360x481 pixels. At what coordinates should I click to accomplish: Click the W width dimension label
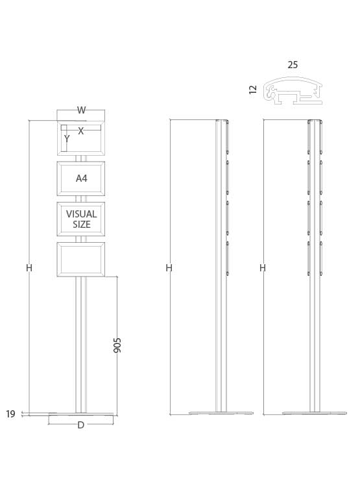click(x=81, y=110)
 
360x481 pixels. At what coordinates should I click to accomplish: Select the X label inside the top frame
click(x=81, y=131)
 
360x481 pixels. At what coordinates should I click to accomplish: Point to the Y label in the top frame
click(x=66, y=139)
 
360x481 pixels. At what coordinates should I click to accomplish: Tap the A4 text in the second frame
click(x=81, y=179)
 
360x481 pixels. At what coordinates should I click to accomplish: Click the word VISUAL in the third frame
click(x=81, y=214)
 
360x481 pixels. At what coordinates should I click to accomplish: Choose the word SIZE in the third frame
click(x=81, y=225)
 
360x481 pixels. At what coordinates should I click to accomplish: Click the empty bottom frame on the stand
click(x=81, y=259)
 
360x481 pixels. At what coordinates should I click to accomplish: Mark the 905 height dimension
click(x=117, y=345)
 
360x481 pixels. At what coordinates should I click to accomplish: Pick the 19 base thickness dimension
click(x=10, y=414)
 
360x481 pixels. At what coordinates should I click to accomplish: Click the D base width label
click(x=80, y=425)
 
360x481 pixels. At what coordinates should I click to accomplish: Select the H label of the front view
click(x=29, y=267)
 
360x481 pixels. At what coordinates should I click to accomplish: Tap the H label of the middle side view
click(x=169, y=267)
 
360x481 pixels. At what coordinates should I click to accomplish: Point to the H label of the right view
click(x=263, y=267)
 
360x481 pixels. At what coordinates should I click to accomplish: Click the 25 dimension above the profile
click(x=293, y=65)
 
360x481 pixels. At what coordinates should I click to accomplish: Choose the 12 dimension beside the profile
click(x=253, y=90)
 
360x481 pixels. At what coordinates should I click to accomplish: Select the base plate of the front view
click(x=80, y=414)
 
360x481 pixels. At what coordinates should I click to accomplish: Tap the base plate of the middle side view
click(x=221, y=413)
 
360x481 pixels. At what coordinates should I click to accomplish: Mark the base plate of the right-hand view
click(x=315, y=413)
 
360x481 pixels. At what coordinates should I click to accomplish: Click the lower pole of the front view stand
click(x=80, y=344)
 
